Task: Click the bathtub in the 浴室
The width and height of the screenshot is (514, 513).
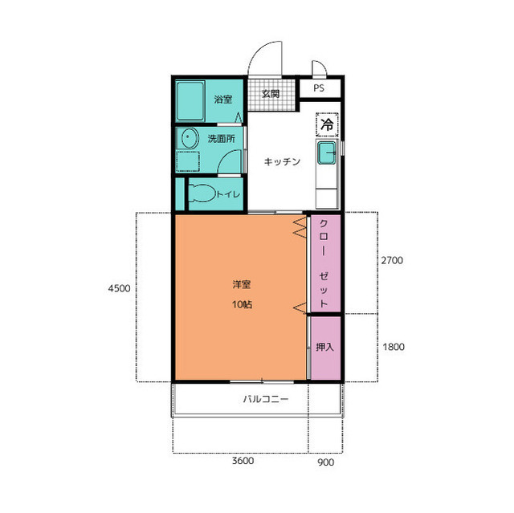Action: [x=190, y=101]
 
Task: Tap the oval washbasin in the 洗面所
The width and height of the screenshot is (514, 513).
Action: [x=190, y=138]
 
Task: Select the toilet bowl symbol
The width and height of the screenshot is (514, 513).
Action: [x=202, y=193]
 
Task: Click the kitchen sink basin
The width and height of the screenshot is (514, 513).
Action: [x=327, y=153]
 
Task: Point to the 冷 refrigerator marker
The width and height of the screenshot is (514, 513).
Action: [x=327, y=124]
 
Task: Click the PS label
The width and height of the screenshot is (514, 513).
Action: [x=319, y=88]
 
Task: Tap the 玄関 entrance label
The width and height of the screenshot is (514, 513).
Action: [x=271, y=94]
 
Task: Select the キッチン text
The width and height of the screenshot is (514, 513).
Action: [x=282, y=161]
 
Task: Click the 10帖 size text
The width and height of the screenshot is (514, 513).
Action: [x=242, y=304]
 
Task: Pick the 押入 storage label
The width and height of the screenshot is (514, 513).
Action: [x=324, y=347]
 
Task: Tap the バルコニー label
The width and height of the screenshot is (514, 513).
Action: [x=266, y=399]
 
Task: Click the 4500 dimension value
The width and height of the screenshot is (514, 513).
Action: [x=120, y=288]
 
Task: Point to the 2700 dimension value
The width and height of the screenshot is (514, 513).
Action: [x=392, y=260]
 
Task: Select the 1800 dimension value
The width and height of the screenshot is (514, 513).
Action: [x=394, y=347]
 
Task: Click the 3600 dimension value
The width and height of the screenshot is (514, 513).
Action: [x=243, y=461]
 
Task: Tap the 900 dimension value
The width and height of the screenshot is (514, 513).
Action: [x=326, y=462]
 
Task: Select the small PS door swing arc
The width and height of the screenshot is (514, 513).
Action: [x=321, y=64]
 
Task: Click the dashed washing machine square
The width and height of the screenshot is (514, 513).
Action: [x=188, y=161]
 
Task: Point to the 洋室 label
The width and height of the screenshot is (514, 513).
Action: [x=242, y=284]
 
